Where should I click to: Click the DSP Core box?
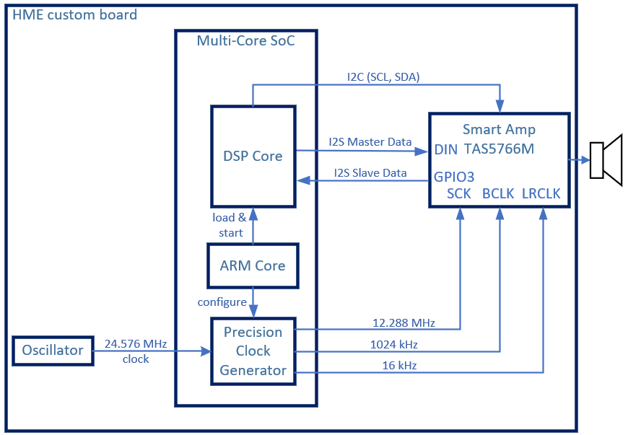click(253, 156)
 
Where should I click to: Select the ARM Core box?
click(253, 265)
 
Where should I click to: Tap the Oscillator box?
click(53, 351)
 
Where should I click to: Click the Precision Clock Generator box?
click(253, 351)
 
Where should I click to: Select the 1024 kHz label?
click(393, 344)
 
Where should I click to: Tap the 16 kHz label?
click(399, 366)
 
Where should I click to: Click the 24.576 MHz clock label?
click(136, 351)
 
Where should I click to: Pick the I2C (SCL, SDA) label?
click(383, 76)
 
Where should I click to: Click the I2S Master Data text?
click(370, 142)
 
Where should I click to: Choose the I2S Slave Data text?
click(370, 172)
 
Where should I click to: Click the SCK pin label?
click(459, 193)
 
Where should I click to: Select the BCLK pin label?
click(498, 193)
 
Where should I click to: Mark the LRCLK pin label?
click(541, 193)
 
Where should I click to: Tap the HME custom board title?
click(75, 15)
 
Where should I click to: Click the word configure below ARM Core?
click(222, 302)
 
